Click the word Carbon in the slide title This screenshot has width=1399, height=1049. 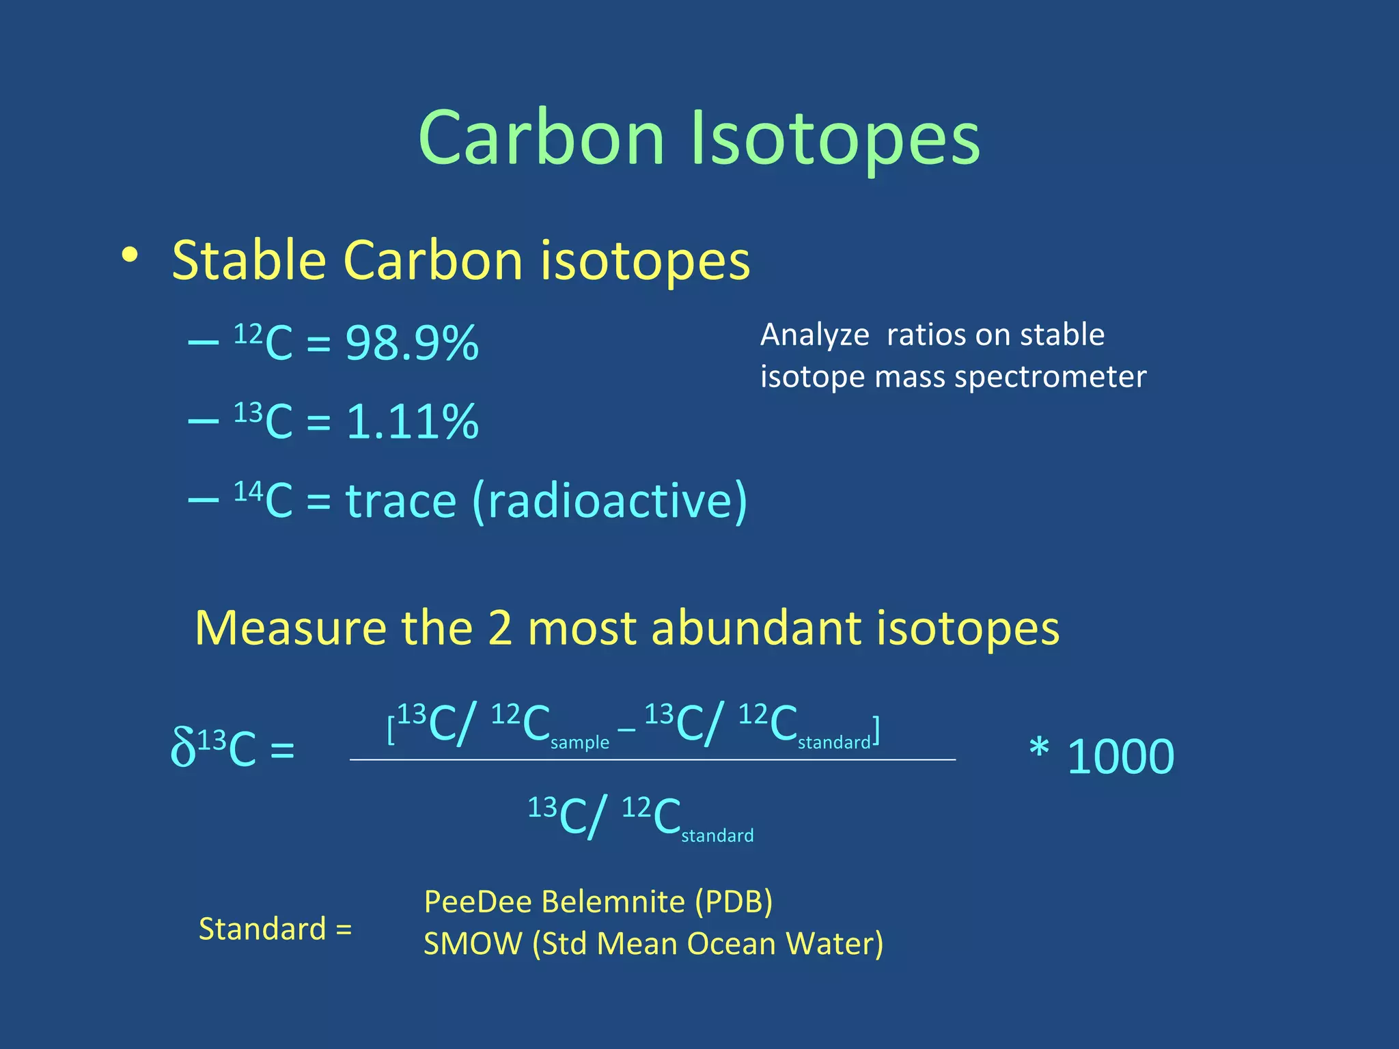(x=541, y=139)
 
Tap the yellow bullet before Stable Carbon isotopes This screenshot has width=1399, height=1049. (x=129, y=256)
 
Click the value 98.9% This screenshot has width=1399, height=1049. (x=412, y=343)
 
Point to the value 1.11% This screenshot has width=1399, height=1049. (x=412, y=421)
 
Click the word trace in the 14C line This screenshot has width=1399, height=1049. (x=401, y=501)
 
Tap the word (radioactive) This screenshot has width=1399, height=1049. (x=609, y=501)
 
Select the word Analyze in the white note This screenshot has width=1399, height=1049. (x=814, y=335)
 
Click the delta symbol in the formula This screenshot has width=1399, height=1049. (x=182, y=748)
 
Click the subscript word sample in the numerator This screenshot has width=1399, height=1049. (x=579, y=742)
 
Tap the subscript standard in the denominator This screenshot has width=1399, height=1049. (x=717, y=836)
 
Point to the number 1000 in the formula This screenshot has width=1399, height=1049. (x=1120, y=757)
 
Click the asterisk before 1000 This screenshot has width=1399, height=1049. (x=1039, y=749)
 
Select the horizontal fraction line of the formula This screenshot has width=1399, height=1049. (x=652, y=759)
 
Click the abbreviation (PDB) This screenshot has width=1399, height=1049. (x=734, y=901)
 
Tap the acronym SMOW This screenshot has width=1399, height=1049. (x=473, y=944)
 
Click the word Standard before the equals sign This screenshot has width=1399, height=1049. (x=262, y=929)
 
